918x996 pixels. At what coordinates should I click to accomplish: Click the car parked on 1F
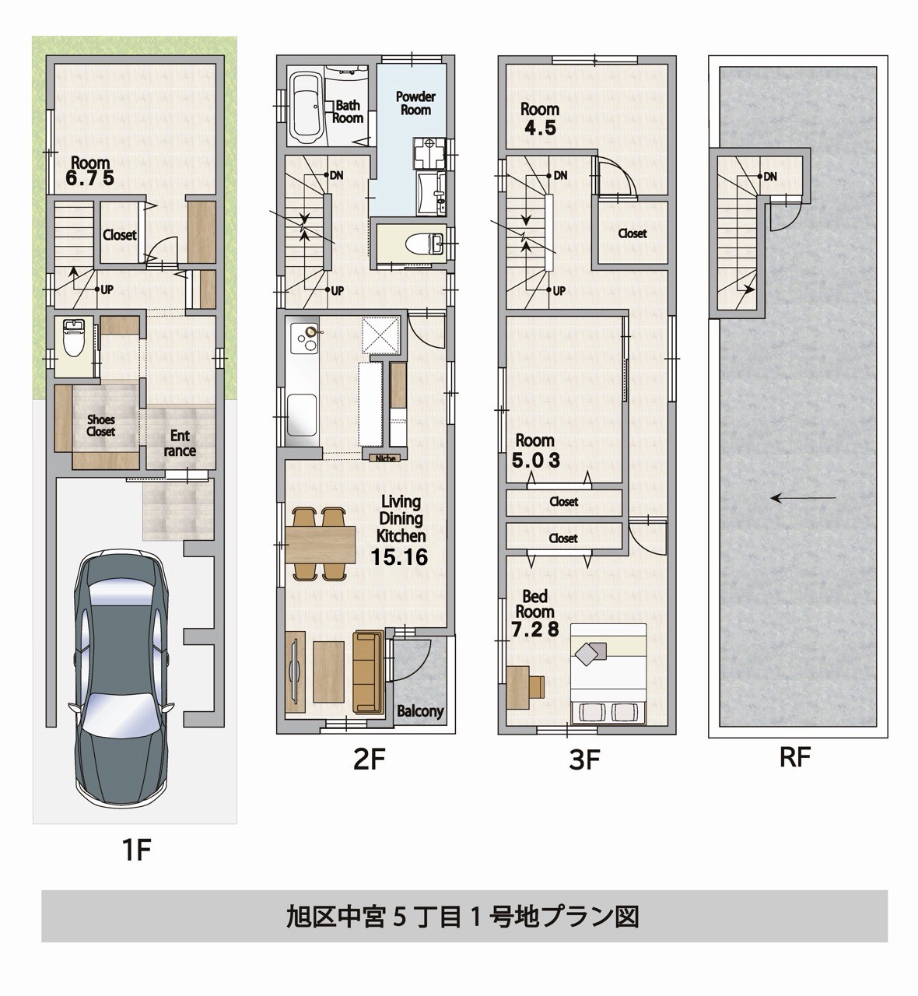coord(121,681)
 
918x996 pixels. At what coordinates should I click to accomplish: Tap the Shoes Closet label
coord(100,426)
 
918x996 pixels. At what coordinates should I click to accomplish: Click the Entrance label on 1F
coord(180,444)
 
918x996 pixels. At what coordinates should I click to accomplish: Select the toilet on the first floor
coord(75,338)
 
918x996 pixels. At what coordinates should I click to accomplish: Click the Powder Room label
coord(415,103)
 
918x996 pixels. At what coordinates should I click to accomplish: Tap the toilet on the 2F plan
coord(413,245)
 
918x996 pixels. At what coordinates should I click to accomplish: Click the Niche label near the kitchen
coord(384,458)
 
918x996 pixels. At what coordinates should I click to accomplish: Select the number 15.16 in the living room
coord(400,557)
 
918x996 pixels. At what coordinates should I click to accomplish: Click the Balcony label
coord(420,710)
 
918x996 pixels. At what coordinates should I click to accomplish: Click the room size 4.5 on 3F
coord(540,129)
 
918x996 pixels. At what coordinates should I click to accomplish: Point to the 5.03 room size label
coord(536,461)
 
